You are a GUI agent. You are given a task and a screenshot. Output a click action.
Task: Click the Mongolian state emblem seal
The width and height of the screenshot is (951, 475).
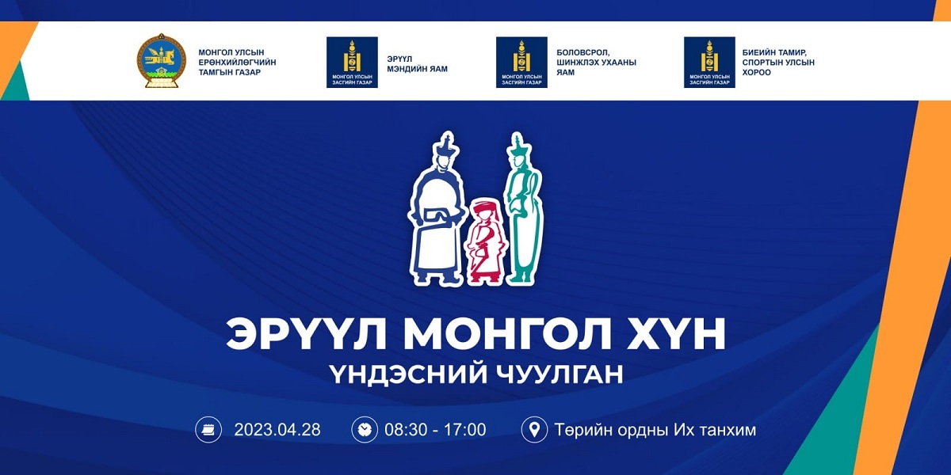[162, 61]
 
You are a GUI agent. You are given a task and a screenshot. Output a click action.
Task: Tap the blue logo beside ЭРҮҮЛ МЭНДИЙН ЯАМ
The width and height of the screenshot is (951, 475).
[352, 63]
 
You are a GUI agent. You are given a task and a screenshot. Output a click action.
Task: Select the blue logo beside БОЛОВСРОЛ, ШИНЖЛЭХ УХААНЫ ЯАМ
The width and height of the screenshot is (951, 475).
[521, 63]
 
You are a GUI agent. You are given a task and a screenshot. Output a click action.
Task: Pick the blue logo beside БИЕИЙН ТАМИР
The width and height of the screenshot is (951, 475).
[709, 63]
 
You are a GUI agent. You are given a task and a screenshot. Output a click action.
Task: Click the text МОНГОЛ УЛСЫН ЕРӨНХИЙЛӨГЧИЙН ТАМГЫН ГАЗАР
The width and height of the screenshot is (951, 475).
[237, 63]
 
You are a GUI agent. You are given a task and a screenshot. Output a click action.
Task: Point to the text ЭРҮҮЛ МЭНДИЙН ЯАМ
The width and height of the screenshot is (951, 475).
[417, 64]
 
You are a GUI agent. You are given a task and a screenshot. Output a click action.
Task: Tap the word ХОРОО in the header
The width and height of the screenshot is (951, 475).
[756, 73]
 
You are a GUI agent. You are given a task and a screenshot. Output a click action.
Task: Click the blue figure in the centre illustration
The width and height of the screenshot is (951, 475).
[435, 209]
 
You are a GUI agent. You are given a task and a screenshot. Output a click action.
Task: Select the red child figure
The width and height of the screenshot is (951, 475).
[485, 240]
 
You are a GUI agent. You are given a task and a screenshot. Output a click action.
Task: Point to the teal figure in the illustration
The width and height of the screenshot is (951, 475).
[524, 207]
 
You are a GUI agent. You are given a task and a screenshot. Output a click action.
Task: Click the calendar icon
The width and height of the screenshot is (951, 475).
[208, 430]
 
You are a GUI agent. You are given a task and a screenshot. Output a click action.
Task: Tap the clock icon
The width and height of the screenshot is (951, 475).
[365, 430]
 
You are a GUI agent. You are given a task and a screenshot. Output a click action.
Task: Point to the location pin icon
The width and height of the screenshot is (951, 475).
[534, 430]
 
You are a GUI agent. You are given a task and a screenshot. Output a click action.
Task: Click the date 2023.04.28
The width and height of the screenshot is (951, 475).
[277, 430]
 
